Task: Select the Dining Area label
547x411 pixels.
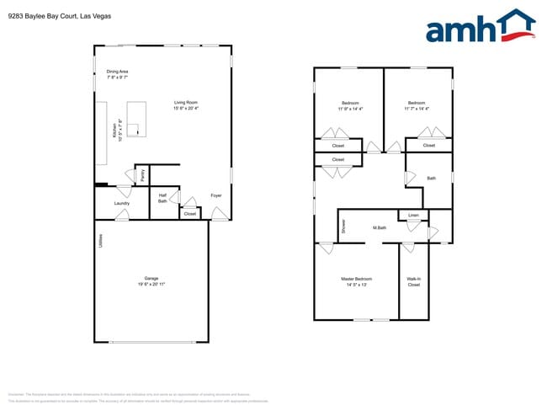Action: click(x=117, y=72)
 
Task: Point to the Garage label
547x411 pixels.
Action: click(x=151, y=278)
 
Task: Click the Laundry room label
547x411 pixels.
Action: click(x=121, y=203)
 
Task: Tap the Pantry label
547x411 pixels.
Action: click(x=142, y=175)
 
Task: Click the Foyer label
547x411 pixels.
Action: click(x=216, y=195)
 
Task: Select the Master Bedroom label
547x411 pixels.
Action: click(x=356, y=279)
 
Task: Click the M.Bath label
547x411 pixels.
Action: click(x=380, y=227)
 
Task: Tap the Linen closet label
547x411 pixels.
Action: click(x=413, y=216)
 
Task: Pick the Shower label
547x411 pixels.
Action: click(x=343, y=226)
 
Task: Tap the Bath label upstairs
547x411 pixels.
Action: click(x=431, y=178)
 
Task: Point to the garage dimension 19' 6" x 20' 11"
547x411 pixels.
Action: click(x=151, y=285)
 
